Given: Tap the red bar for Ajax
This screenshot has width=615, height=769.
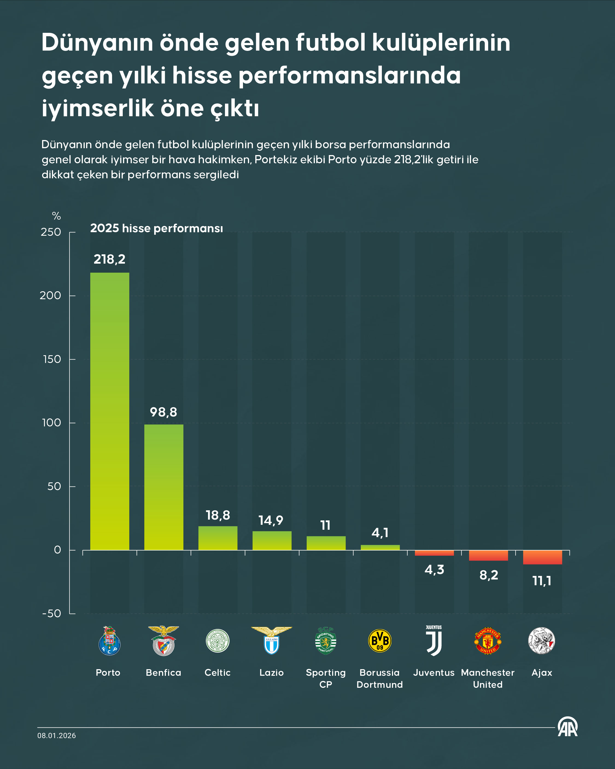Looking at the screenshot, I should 542,557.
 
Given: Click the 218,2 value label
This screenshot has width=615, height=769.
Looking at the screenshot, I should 109,259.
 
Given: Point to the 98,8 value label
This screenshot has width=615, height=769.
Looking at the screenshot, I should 163,412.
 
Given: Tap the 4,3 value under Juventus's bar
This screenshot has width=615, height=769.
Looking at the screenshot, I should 434,570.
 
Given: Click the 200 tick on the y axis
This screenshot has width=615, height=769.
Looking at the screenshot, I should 50,295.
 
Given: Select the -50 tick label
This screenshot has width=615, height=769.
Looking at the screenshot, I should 52,613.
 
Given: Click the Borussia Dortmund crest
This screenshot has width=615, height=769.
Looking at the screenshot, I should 380,640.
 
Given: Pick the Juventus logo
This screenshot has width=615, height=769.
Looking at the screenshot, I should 434,640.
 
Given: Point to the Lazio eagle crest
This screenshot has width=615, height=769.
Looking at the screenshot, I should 271,640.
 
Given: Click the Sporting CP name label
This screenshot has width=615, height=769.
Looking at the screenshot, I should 326,678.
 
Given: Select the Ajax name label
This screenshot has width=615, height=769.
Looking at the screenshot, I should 541,673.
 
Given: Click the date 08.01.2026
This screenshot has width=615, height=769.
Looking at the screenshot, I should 57,735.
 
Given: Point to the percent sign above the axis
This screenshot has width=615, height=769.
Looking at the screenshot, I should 56,216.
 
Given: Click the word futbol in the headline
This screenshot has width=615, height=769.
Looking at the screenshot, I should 330,42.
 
